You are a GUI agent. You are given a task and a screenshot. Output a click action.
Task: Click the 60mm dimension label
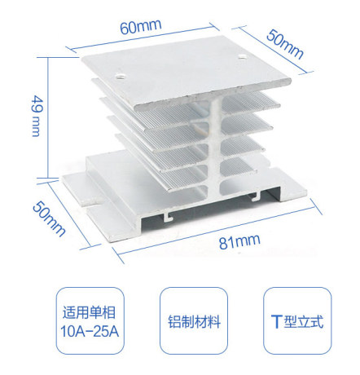pyautogui.click(x=141, y=26)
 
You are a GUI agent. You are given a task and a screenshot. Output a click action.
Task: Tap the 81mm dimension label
pyautogui.click(x=239, y=240)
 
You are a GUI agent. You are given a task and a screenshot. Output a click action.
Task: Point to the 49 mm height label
pyautogui.click(x=37, y=116)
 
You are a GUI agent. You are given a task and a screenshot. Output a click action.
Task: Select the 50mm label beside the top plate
pyautogui.click(x=285, y=44)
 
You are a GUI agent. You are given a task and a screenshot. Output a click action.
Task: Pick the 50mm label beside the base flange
pyautogui.click(x=49, y=218)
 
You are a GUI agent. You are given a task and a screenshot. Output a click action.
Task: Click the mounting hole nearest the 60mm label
pyautogui.click(x=120, y=76)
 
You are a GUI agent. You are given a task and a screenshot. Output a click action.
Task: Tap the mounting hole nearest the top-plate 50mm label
pyautogui.click(x=241, y=57)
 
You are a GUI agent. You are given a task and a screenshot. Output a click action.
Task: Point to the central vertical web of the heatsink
pyautogui.click(x=214, y=147)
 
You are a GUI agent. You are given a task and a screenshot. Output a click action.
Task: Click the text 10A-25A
pyautogui.click(x=90, y=331)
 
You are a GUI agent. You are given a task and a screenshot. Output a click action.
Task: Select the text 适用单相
pyautogui.click(x=89, y=312)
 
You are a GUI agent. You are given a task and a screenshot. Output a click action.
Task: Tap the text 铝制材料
pyautogui.click(x=194, y=321)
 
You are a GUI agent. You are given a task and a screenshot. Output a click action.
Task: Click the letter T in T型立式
pyautogui.click(x=276, y=321)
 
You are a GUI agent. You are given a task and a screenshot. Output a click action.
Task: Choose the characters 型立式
pyautogui.click(x=304, y=321)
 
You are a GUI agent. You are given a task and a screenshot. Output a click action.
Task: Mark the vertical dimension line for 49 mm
pyautogui.click(x=48, y=117)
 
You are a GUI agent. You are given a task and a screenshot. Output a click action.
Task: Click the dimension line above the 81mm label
pyautogui.click(x=217, y=232)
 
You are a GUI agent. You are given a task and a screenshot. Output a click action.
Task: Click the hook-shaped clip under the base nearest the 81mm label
pyautogui.click(x=168, y=217)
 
